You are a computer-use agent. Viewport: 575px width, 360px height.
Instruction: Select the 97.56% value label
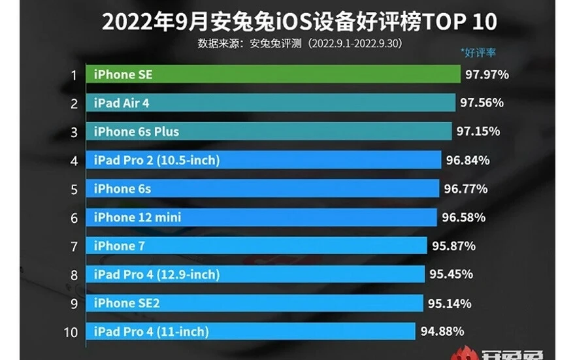tap(481, 103)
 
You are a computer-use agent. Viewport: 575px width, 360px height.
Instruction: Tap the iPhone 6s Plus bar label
tap(136, 131)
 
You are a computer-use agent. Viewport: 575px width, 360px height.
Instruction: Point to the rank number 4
tap(74, 161)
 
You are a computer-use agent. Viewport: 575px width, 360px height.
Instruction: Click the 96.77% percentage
tap(465, 189)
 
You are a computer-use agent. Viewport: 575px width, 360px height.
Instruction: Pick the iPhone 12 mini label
tap(137, 217)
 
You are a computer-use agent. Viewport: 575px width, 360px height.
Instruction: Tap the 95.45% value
tap(451, 274)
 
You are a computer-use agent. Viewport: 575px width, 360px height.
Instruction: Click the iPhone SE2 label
tap(126, 303)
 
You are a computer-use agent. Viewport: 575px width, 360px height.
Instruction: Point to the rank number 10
tap(71, 332)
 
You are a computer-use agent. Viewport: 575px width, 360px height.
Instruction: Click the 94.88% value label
tap(442, 331)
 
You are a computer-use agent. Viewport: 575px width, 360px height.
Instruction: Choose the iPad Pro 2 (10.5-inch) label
tap(156, 160)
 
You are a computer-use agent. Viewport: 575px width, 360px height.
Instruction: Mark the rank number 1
tap(74, 75)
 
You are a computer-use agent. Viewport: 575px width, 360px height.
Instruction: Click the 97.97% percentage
tap(487, 74)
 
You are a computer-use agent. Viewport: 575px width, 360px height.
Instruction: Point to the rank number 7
tap(74, 246)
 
